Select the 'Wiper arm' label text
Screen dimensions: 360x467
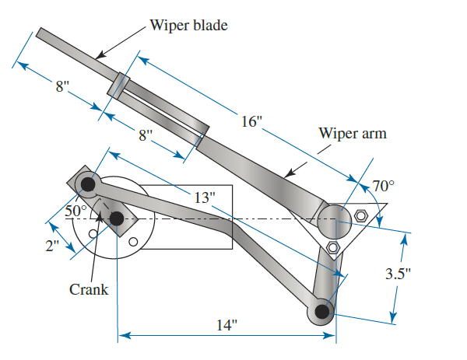point(353,133)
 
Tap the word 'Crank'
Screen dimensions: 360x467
point(89,289)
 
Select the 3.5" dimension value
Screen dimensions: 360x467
point(420,274)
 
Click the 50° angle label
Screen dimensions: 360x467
point(76,211)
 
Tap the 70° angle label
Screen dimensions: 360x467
point(384,186)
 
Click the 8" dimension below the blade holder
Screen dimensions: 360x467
point(146,135)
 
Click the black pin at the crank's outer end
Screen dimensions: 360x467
point(87,184)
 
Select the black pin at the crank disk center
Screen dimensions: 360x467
point(116,219)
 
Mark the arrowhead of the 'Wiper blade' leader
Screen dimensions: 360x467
point(97,57)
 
